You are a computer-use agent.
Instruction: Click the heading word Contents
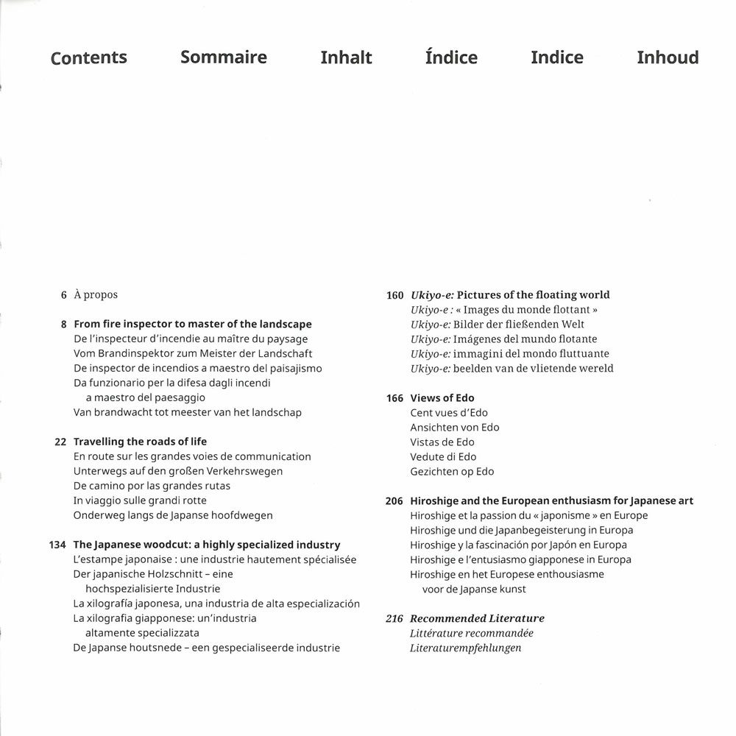88,58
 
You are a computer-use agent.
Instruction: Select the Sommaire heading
224,57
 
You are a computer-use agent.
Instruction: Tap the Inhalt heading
346,57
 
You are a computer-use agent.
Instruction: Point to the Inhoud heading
668,57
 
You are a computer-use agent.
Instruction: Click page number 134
57,545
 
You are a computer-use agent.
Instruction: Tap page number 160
394,295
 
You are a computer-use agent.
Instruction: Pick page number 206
394,501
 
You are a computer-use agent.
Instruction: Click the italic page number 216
394,619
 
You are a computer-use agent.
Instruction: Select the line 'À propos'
96,295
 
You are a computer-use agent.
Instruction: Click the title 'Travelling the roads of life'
140,442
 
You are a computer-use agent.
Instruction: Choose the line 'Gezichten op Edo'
452,472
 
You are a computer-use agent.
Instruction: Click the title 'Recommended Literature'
477,619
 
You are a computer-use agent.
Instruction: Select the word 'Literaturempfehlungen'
465,648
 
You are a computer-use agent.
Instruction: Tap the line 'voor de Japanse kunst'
474,590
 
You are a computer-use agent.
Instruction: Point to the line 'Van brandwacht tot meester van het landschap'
188,413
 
